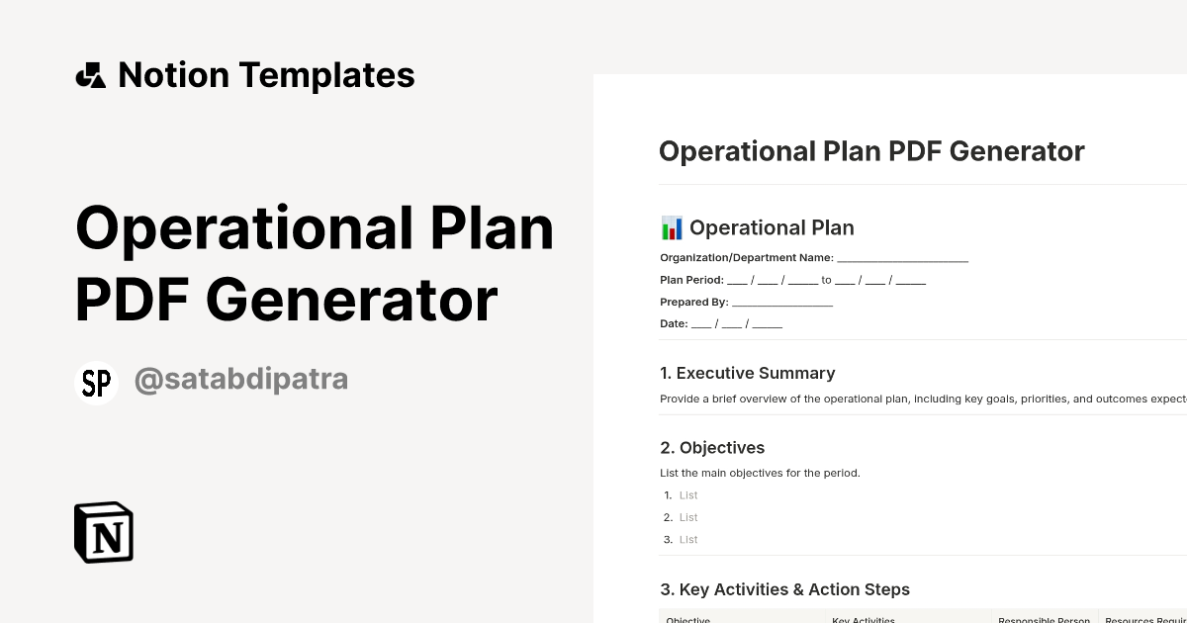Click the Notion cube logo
click(104, 532)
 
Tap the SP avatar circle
click(96, 383)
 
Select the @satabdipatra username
click(240, 380)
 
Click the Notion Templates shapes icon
click(90, 75)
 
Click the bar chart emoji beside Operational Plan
click(672, 228)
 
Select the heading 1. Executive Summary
click(747, 373)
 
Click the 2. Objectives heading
click(712, 448)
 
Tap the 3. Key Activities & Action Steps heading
click(784, 589)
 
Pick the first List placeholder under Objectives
click(688, 495)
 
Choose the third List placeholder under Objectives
click(688, 539)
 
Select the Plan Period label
click(691, 280)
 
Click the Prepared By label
click(693, 302)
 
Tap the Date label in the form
click(674, 323)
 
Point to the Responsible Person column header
click(1044, 620)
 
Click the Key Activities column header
click(864, 620)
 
